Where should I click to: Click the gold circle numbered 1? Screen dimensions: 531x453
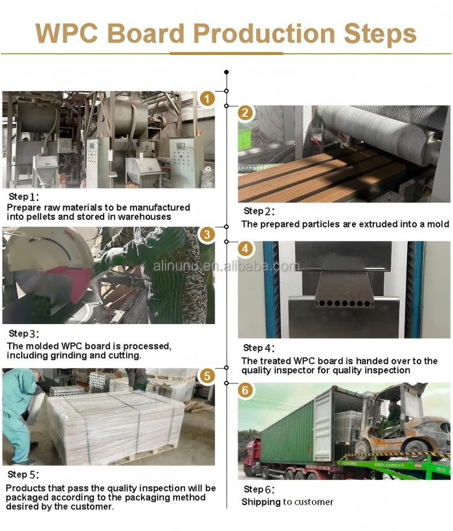coord(206,99)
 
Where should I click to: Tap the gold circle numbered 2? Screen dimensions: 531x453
coord(246,113)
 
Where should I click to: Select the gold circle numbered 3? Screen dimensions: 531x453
coord(206,234)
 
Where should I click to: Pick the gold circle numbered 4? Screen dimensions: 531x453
coord(246,248)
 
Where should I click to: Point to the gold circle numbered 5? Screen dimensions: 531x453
coord(206,376)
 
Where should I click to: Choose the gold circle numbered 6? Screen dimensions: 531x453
coord(246,390)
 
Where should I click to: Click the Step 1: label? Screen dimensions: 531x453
coord(24,197)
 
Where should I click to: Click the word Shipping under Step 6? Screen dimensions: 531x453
coord(261,502)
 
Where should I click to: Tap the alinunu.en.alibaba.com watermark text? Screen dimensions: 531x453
coord(226,266)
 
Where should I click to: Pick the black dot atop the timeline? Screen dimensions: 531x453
coord(226,72)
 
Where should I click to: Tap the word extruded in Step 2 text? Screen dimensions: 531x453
coord(368,224)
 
